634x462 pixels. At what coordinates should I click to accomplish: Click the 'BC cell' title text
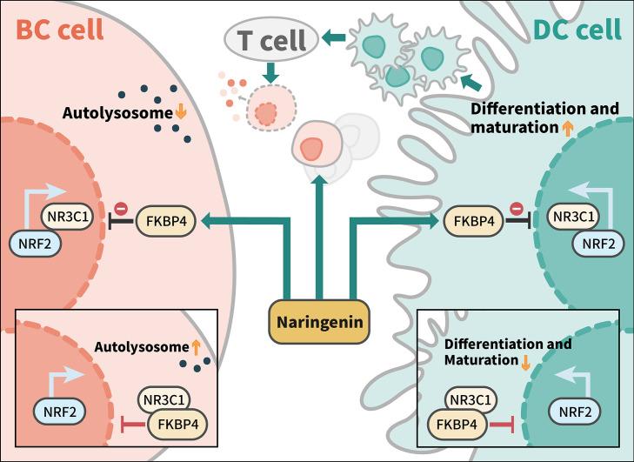coord(58,29)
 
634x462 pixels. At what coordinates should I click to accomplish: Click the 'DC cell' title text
coord(576,29)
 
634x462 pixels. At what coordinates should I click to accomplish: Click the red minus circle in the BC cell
coord(122,210)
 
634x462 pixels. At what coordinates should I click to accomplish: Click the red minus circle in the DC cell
coord(514,210)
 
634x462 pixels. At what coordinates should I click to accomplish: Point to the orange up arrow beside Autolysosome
coord(196,347)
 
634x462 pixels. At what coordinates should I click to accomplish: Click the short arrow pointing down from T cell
coord(270,75)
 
